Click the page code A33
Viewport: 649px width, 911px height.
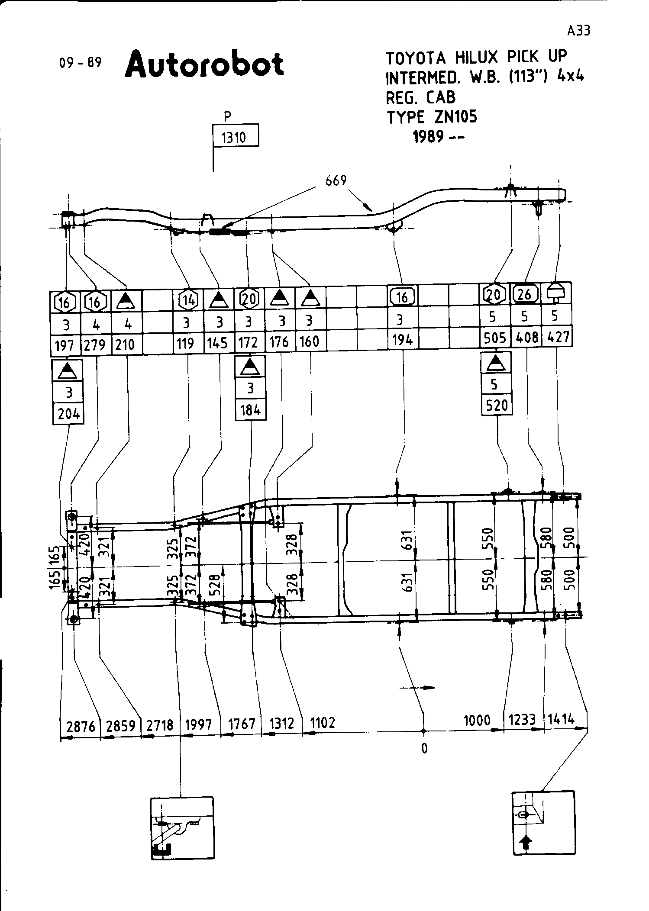(x=578, y=31)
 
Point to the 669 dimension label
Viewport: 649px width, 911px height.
(x=336, y=180)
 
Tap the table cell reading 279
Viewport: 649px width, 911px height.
(x=95, y=345)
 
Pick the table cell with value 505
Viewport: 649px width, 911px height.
(x=495, y=338)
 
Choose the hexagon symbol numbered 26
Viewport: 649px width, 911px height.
(x=525, y=294)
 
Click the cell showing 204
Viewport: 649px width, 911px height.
(x=69, y=414)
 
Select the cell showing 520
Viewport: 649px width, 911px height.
(x=496, y=405)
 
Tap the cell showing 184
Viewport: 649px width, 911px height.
(x=250, y=409)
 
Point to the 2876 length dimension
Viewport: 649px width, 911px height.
(x=81, y=725)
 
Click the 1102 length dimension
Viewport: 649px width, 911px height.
(x=323, y=722)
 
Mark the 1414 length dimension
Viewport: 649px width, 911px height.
(x=562, y=719)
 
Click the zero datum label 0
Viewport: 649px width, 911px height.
(x=424, y=748)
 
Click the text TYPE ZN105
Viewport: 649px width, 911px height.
(x=432, y=117)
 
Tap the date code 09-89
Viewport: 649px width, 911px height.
(x=81, y=63)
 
